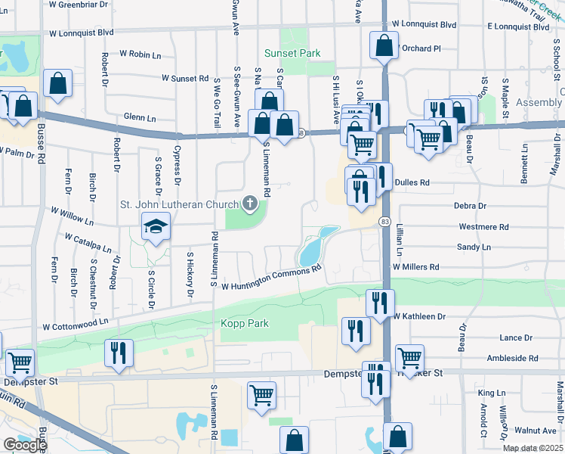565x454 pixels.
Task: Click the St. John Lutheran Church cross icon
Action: click(x=251, y=203)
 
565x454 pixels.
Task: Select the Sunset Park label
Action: click(x=292, y=53)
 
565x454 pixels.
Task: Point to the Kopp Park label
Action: click(x=245, y=324)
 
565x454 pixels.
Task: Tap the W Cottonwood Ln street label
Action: click(x=76, y=325)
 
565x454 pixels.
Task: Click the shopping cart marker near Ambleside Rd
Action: click(x=409, y=357)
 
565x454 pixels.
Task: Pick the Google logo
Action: click(x=25, y=444)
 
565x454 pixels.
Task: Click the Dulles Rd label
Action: click(x=414, y=182)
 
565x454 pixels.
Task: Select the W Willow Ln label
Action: click(x=72, y=216)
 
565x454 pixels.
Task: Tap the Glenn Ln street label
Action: click(x=139, y=118)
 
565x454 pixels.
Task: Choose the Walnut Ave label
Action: click(x=535, y=430)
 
